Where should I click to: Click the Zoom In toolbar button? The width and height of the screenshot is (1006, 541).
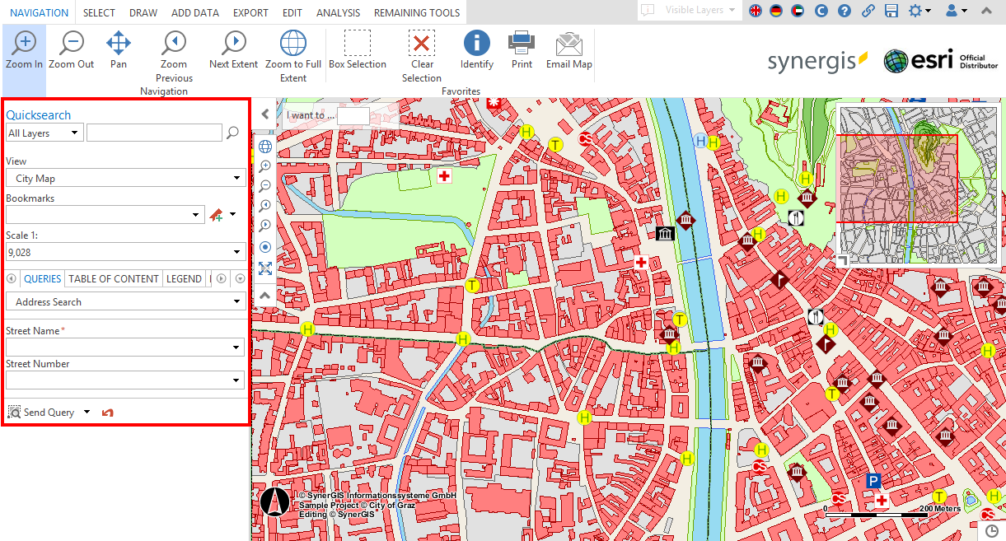click(24, 50)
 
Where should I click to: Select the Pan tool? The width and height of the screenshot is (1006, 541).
click(119, 50)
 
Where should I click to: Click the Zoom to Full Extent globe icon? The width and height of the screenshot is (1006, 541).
click(293, 50)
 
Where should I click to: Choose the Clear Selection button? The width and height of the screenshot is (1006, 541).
click(422, 50)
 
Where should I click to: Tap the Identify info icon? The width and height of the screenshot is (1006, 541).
click(476, 50)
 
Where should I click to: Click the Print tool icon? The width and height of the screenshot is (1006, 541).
click(522, 50)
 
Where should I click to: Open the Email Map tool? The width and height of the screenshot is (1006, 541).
click(569, 50)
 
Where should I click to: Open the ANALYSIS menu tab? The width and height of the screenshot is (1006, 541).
click(338, 12)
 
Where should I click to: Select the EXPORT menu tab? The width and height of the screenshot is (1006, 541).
click(250, 12)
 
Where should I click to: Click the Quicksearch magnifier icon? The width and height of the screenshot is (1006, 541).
click(233, 133)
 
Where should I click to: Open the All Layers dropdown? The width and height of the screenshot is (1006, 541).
click(44, 133)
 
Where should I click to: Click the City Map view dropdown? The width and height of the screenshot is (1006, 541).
click(125, 178)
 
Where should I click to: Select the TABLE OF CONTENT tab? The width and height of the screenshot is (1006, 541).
click(114, 278)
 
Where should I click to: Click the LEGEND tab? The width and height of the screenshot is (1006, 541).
click(184, 278)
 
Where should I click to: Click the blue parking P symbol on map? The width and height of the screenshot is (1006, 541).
click(873, 481)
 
